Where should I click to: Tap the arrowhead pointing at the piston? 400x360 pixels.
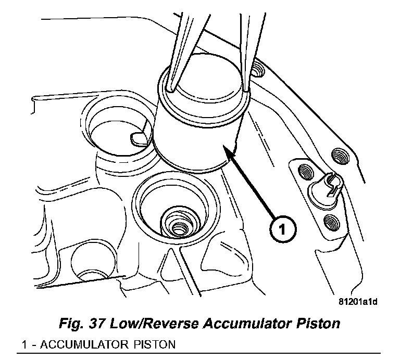tap(226, 149)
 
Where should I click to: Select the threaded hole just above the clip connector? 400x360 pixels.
tap(304, 170)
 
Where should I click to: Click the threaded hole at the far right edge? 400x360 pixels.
tap(339, 155)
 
